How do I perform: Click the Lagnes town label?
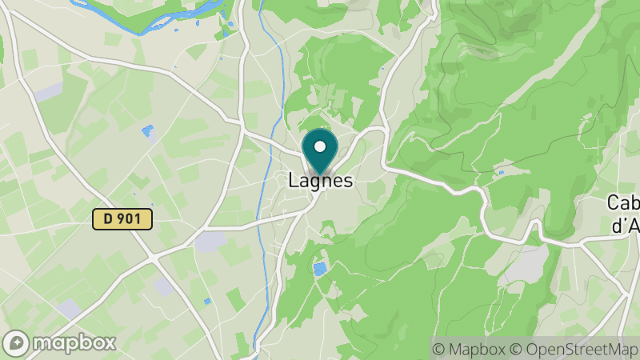click(320, 182)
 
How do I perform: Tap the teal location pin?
click(321, 152)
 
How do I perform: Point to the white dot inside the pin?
click(321, 146)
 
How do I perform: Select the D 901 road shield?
click(122, 218)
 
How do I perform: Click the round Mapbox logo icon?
click(17, 342)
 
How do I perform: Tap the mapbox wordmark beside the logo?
click(74, 343)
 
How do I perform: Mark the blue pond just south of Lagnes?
click(320, 269)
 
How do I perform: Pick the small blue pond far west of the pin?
click(147, 130)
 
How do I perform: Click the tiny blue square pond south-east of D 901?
click(207, 301)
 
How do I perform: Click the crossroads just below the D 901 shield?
click(152, 257)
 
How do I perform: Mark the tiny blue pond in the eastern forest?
click(501, 172)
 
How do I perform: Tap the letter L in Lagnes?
click(294, 182)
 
